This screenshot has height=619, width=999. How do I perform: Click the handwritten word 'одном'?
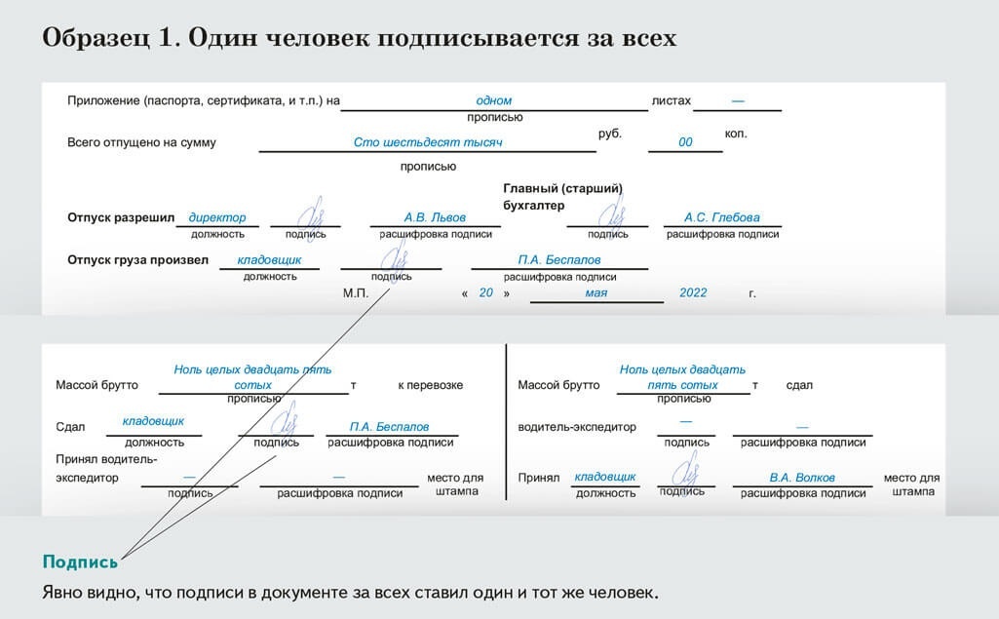tap(493, 100)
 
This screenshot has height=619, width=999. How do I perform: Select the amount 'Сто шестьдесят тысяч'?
tap(427, 142)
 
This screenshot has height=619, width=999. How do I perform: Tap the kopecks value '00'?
tap(685, 142)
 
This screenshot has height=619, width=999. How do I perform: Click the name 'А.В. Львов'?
tap(435, 217)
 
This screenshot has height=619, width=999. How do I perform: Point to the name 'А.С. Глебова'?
tap(721, 217)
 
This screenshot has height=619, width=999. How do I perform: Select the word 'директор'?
tap(217, 217)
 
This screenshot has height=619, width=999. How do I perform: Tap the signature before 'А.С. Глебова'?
tap(612, 214)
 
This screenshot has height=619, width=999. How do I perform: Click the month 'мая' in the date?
tap(596, 292)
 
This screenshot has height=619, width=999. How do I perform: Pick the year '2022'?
tap(693, 292)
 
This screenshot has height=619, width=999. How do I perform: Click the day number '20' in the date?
tap(486, 292)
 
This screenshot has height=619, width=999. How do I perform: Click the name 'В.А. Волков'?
tap(802, 478)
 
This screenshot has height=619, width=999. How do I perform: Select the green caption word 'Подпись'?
tap(80, 561)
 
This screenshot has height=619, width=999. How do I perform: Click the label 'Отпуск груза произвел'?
tap(137, 260)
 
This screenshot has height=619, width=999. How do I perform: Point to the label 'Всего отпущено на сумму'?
tap(141, 142)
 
